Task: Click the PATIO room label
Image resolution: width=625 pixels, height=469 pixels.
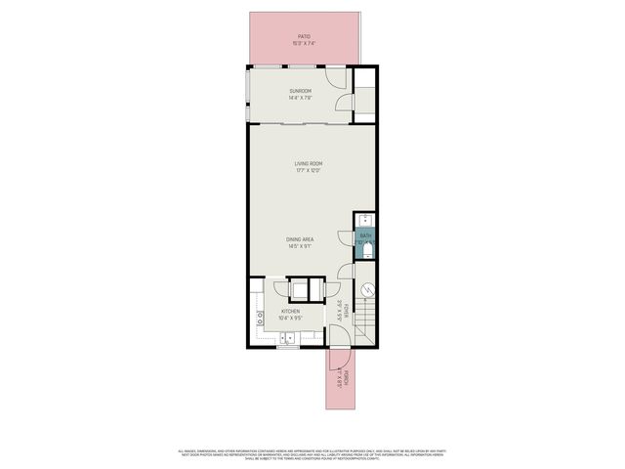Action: coord(304,36)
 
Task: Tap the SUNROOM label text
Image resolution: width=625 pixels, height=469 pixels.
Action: coord(300,91)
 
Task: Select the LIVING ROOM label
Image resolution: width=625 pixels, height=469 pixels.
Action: coord(309,163)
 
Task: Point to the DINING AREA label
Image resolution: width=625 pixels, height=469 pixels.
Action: coord(300,239)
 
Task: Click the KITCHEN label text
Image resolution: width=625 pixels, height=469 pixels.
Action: coord(290,310)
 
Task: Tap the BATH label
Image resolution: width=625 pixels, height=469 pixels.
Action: coord(365,235)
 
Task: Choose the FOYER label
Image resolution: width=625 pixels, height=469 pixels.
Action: coord(343,310)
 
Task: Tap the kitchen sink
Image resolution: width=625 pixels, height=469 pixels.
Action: coord(290,338)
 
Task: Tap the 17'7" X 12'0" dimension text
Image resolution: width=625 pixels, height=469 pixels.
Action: coord(309,171)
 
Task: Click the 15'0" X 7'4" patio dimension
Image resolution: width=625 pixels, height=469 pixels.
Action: coord(304,44)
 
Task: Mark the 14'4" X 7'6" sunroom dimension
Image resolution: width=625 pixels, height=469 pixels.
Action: coord(300,99)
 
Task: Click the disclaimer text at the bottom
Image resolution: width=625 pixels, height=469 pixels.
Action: coord(312,454)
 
